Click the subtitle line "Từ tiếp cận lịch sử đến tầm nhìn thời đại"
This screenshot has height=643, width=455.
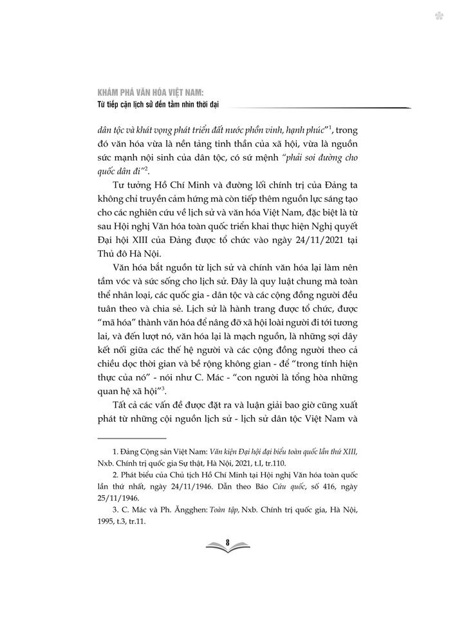click(x=159, y=105)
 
